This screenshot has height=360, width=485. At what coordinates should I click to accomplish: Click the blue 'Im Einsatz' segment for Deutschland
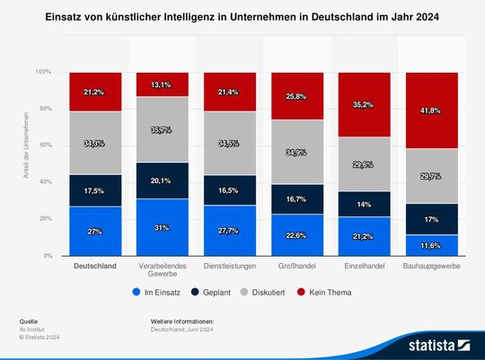tap(95, 231)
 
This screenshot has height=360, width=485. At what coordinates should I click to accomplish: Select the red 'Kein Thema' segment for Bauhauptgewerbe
tap(432, 110)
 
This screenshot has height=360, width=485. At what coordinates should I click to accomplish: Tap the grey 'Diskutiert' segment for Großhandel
tap(297, 152)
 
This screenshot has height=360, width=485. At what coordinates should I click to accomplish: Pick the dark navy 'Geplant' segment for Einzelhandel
tap(365, 204)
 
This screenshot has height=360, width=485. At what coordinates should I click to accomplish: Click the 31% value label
tap(163, 227)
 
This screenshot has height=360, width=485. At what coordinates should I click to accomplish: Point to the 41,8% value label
tap(432, 110)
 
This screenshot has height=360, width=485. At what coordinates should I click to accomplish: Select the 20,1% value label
tap(163, 180)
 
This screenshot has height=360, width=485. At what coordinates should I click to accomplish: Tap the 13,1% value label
tap(163, 84)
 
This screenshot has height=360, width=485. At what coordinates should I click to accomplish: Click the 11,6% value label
tap(432, 245)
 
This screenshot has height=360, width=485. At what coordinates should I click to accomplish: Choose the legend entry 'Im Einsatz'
tap(160, 292)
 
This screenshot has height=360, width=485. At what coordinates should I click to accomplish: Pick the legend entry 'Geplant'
tap(213, 292)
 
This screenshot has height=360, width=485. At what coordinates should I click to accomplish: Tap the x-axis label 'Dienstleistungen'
tap(230, 267)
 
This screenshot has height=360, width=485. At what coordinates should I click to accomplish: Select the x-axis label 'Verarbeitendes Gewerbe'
tap(163, 271)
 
